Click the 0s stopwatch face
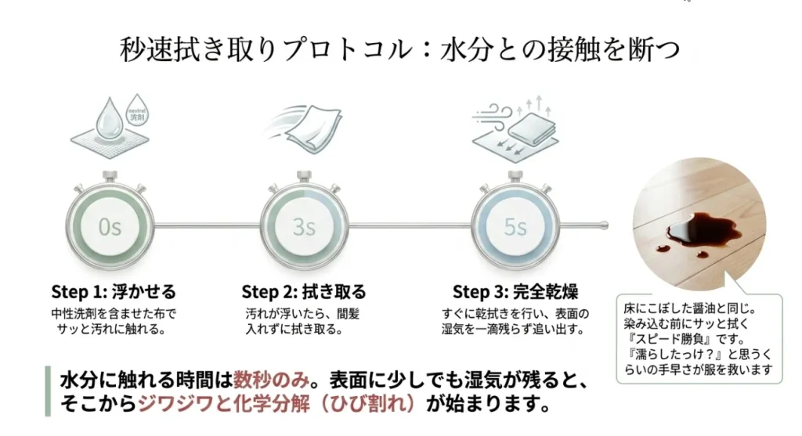110,228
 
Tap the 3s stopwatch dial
304,228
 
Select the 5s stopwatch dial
515,228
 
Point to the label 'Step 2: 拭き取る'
304,293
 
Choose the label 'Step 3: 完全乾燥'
515,293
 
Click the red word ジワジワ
175,406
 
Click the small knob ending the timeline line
605,227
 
